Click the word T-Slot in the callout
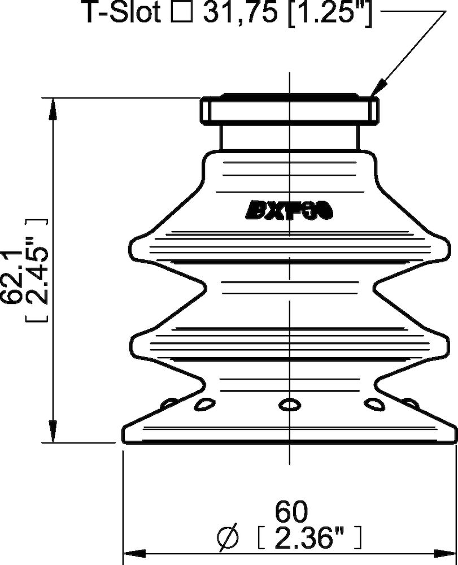[122, 12]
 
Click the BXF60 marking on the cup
[290, 210]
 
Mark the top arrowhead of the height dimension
[53, 105]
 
